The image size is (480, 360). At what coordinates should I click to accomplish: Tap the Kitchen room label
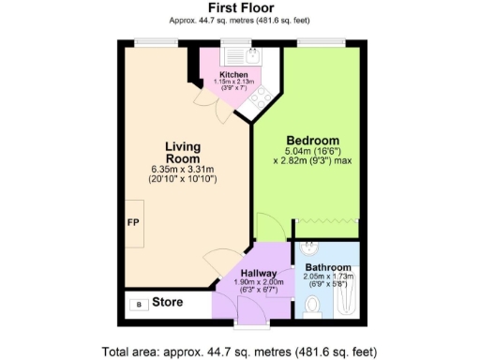click(233, 73)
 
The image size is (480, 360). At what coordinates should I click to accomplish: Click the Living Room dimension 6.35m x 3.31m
click(183, 169)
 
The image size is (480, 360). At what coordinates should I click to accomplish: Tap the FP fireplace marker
click(133, 223)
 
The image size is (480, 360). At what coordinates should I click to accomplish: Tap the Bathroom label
click(327, 267)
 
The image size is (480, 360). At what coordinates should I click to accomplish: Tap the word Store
click(167, 304)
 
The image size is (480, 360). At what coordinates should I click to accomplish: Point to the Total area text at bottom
click(240, 351)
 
